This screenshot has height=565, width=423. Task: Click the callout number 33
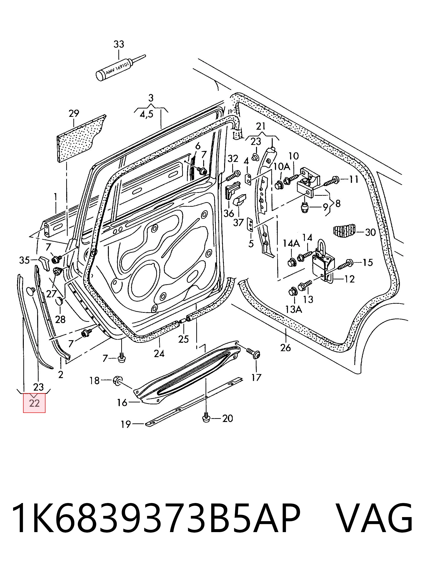coord(119,44)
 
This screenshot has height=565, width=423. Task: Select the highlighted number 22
coord(35,403)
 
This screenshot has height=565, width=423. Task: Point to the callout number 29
coord(74,113)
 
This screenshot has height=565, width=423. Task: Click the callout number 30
coord(370,232)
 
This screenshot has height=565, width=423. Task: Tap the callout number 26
coord(285,347)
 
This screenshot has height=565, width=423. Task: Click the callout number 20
coord(227,418)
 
